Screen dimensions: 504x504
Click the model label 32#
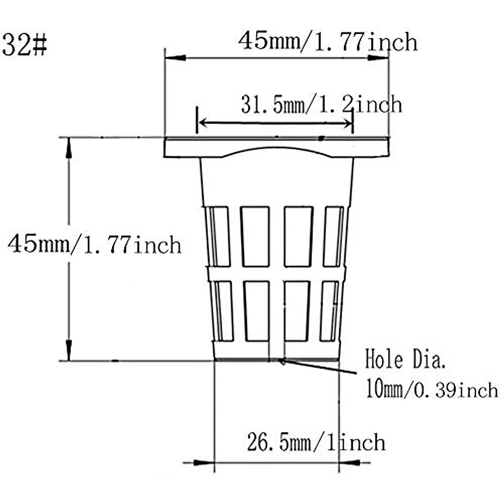[24, 45]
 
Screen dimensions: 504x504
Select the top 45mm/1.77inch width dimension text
[328, 42]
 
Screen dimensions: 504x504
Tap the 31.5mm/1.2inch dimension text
[321, 105]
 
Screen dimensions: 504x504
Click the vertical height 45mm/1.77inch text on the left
[94, 244]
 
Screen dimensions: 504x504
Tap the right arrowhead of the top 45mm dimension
[378, 58]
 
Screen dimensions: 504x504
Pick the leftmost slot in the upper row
[219, 236]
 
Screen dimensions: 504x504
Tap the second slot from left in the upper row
[255, 236]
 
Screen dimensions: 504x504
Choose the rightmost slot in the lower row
[329, 311]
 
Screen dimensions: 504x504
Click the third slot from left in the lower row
[297, 311]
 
